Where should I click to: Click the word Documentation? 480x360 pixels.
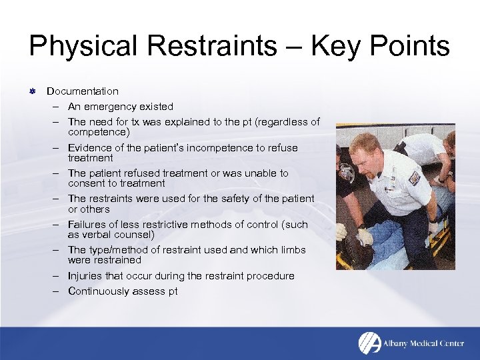click(83, 91)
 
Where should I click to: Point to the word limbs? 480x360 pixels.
click(292, 250)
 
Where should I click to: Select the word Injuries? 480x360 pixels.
click(87, 276)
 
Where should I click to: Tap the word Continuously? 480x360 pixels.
click(100, 291)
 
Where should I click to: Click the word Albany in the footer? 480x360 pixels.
click(398, 343)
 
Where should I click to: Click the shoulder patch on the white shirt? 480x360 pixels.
click(413, 178)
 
